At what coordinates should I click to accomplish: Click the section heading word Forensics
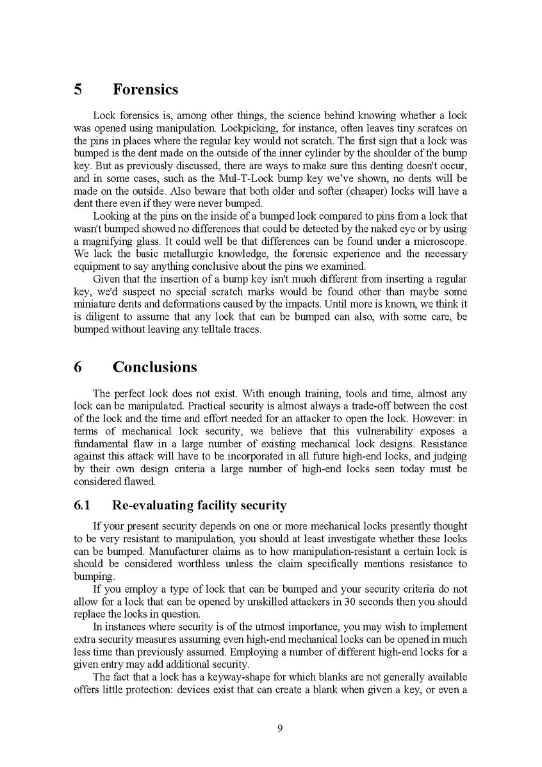point(145,90)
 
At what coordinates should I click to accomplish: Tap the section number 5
point(78,90)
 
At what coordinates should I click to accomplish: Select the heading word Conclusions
point(154,367)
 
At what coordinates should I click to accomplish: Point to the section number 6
point(78,367)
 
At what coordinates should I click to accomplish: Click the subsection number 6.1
point(83,506)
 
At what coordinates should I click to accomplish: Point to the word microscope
point(439,241)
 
